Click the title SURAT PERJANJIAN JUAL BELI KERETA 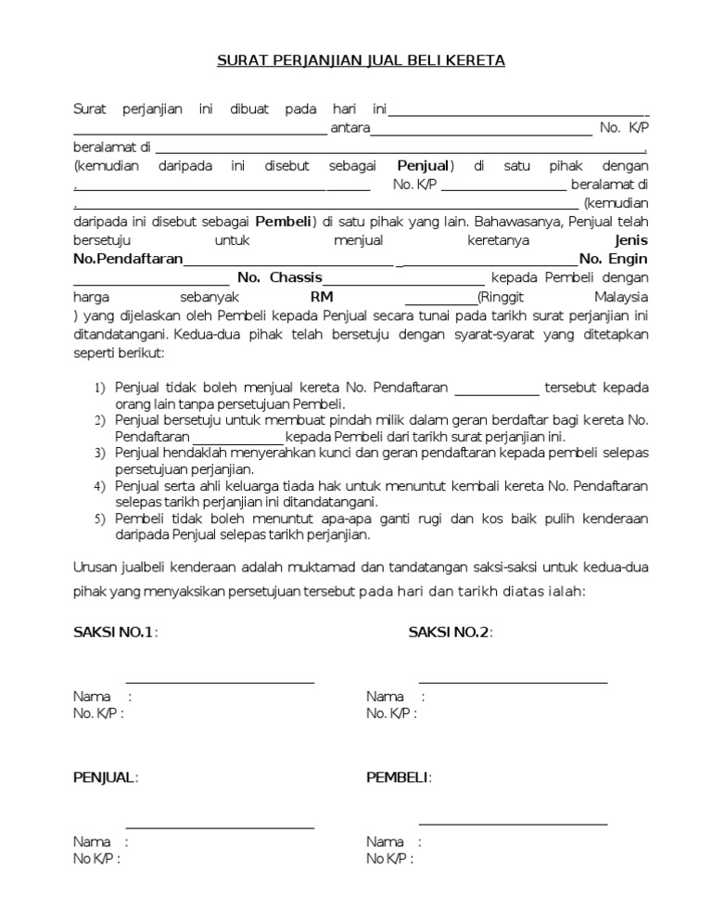361,61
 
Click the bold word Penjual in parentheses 423,166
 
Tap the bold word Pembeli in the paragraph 284,222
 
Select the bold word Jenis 629,240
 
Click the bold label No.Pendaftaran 128,259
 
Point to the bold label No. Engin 613,259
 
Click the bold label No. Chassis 280,277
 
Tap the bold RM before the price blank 322,297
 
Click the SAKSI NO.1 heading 114,633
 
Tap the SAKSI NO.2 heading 450,633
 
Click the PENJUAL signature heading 105,777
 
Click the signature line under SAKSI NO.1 220,683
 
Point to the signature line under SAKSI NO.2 513,683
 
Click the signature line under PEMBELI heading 513,824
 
